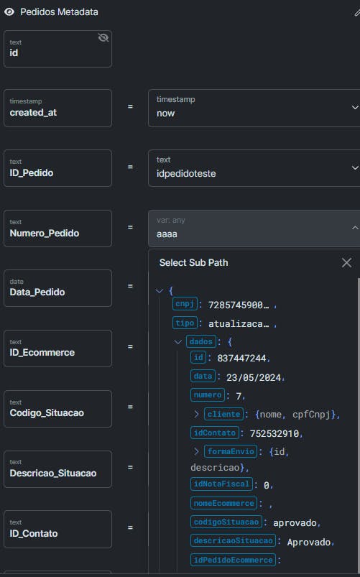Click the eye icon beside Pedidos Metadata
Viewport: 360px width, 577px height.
9,11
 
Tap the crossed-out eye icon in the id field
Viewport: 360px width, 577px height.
103,37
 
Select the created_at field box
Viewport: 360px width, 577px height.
57,109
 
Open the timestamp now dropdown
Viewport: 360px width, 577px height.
254,109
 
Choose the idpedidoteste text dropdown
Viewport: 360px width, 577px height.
254,168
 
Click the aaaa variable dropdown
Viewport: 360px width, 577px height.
254,229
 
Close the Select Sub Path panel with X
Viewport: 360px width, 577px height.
346,263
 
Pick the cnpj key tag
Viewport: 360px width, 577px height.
185,304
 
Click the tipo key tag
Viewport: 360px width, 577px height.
185,323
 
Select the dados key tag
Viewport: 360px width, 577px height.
201,341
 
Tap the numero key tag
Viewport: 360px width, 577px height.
208,395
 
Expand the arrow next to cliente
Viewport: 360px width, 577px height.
197,414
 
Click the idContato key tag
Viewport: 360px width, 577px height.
215,433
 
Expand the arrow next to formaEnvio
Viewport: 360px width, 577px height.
197,451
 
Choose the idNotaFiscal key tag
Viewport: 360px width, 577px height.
221,484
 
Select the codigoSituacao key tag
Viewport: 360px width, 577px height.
226,522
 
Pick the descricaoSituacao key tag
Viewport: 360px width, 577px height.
234,540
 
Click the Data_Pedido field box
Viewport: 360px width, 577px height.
57,288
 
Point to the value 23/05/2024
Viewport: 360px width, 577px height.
254,377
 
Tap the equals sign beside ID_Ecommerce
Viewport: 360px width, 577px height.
130,346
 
